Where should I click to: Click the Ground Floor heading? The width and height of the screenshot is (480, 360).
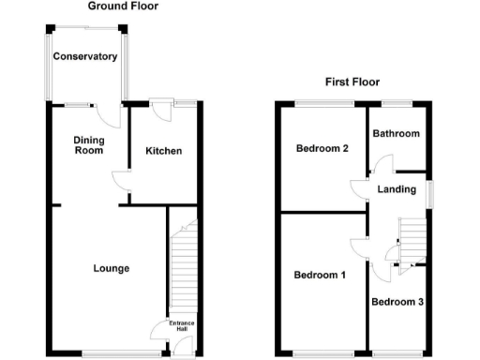point(122,7)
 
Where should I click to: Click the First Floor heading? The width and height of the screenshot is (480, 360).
point(352,82)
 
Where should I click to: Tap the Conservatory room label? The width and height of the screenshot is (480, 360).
point(85,57)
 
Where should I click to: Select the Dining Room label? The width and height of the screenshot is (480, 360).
point(89,145)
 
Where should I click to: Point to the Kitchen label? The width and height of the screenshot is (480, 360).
point(163,152)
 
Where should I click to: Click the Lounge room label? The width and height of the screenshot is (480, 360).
point(112,269)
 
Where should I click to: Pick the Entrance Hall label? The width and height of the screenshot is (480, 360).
point(182,326)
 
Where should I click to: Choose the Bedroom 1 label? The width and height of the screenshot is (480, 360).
point(320,276)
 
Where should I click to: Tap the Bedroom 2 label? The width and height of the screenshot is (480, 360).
point(322,149)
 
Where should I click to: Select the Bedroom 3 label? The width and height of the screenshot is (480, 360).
point(397,303)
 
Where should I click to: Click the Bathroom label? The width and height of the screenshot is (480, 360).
point(397,134)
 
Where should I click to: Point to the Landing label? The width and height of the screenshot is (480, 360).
point(397,190)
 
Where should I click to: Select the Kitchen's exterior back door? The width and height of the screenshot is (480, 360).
point(162,109)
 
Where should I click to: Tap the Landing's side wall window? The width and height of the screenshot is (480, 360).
point(430,190)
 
